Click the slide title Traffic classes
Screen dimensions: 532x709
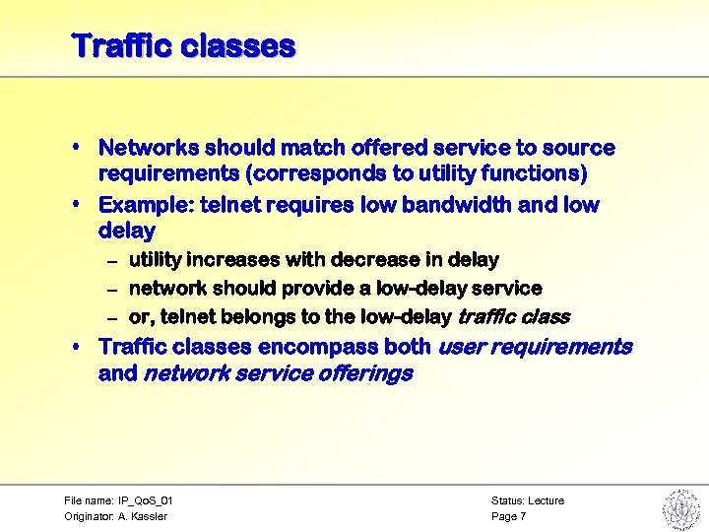click(x=183, y=46)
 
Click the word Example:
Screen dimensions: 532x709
click(x=145, y=206)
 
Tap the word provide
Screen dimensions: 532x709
click(x=321, y=289)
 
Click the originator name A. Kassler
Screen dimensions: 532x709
click(x=142, y=517)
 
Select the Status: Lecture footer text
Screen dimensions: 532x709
click(x=528, y=501)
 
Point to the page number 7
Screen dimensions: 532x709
click(x=523, y=517)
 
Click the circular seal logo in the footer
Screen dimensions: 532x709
click(x=679, y=508)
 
